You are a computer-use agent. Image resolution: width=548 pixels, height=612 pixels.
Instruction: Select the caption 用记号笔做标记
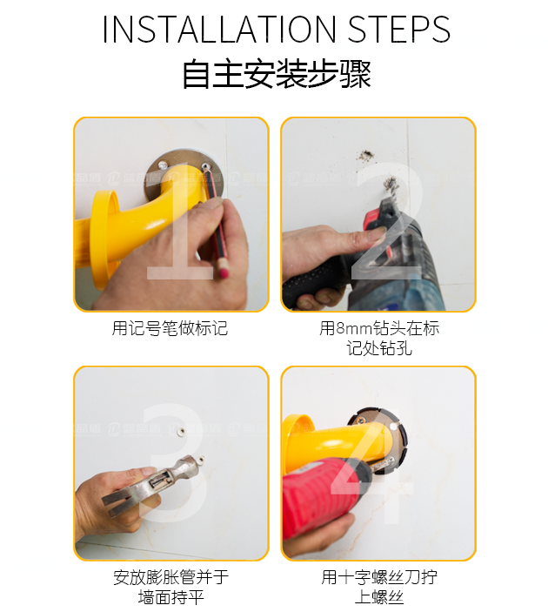pyautogui.click(x=170, y=329)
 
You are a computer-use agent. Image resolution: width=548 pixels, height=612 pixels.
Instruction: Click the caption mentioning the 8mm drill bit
pyautogui.click(x=378, y=339)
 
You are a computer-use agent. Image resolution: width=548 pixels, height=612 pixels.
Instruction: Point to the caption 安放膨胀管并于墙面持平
pyautogui.click(x=170, y=588)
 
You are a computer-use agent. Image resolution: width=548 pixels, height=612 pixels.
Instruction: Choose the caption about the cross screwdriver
pyautogui.click(x=378, y=588)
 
